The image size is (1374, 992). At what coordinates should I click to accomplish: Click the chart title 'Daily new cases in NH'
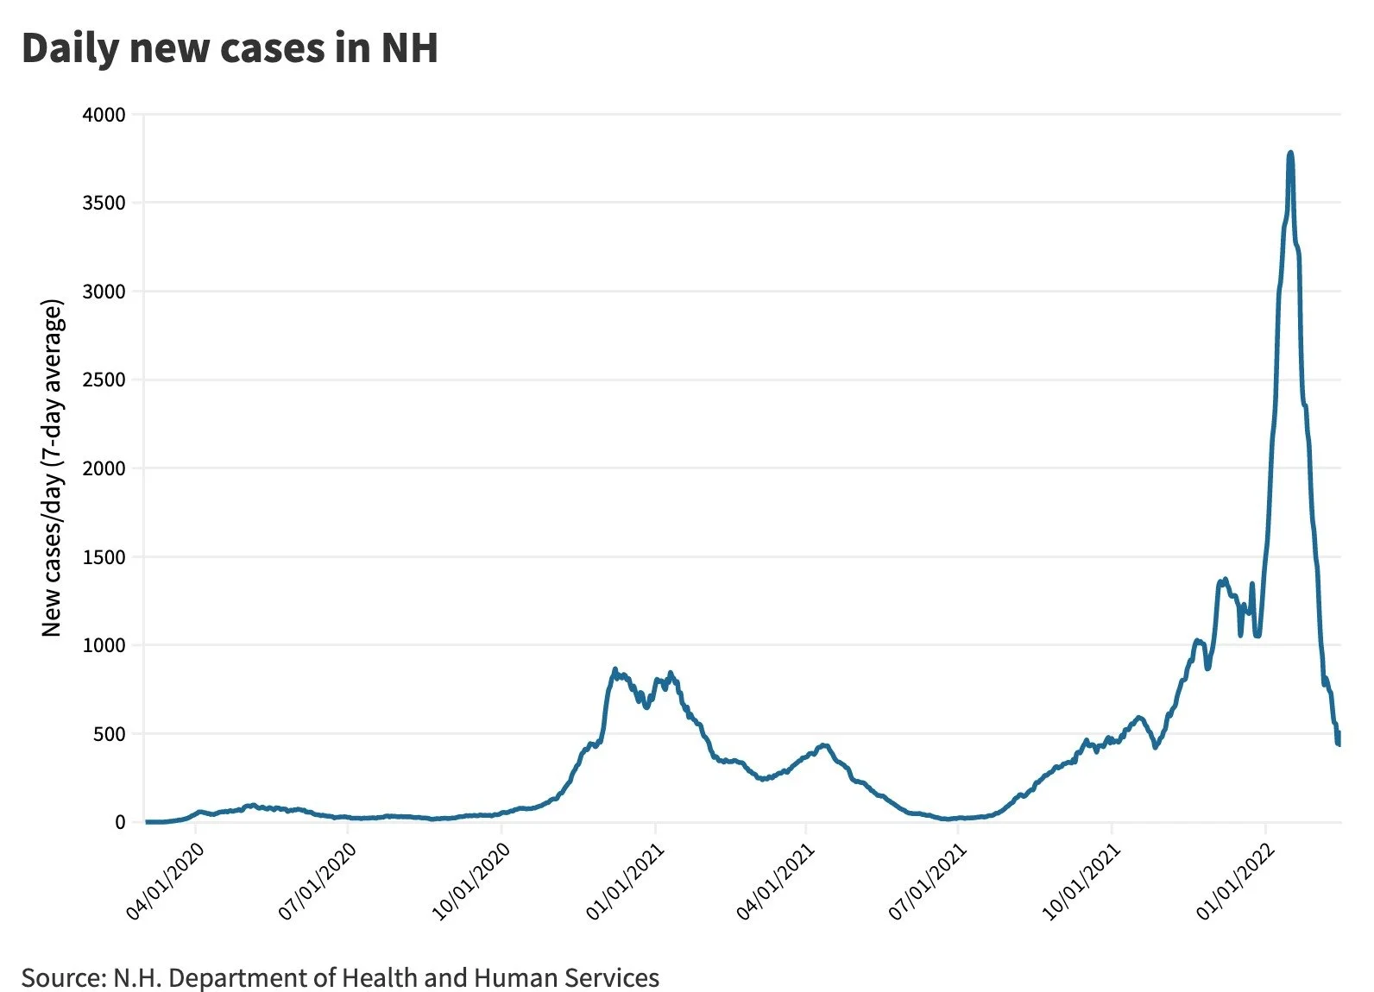click(x=230, y=48)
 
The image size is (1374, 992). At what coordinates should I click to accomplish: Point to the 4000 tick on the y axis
click(x=104, y=115)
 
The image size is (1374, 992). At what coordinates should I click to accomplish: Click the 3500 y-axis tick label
click(x=104, y=203)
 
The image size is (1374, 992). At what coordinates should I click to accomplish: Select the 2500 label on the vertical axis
click(x=104, y=380)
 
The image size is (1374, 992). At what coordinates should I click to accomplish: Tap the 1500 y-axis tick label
click(x=104, y=557)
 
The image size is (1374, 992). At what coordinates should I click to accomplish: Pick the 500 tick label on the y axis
click(x=109, y=734)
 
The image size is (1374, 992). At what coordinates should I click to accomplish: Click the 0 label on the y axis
click(x=120, y=823)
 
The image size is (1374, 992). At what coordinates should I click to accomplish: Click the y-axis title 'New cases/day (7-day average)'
click(x=52, y=468)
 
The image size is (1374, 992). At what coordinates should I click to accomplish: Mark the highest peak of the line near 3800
click(x=1290, y=154)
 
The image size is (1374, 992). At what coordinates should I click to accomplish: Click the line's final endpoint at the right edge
click(x=1339, y=744)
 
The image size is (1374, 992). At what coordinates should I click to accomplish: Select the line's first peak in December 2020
click(x=615, y=669)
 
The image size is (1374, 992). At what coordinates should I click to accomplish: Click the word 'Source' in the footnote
click(x=59, y=978)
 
